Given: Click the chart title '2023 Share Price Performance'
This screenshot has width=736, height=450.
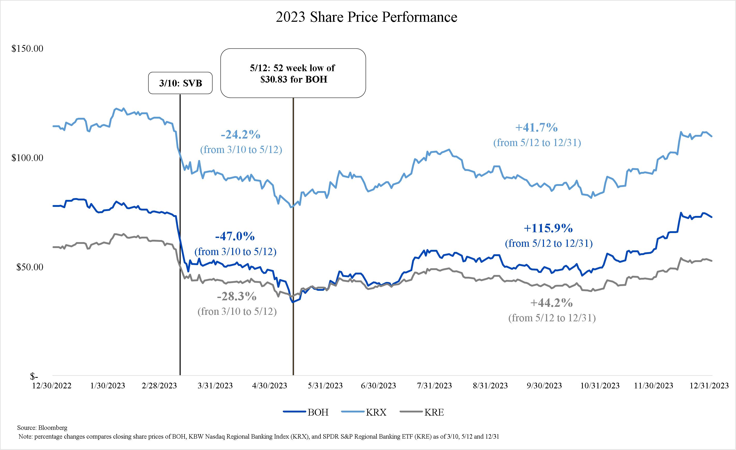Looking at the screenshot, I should coord(366,17).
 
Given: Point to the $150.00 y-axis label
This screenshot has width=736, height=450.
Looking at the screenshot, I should coord(27,49).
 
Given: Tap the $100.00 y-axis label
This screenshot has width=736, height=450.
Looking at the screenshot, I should coord(27,158).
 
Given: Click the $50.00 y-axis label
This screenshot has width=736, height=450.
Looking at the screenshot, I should coord(30,267).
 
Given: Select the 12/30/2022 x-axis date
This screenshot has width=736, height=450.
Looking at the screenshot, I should coord(52,386).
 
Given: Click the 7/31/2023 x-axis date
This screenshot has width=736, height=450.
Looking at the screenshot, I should coord(434,386).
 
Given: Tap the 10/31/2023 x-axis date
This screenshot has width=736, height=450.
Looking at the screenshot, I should coord(600,386).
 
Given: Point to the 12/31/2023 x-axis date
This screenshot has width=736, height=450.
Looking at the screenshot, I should coord(709,386).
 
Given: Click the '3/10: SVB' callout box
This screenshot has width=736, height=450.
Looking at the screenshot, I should coord(180,83).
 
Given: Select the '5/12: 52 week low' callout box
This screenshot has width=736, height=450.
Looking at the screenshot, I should coord(293,73).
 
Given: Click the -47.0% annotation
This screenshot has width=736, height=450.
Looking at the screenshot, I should coord(235,237).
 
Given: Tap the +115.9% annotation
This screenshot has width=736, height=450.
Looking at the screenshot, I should coord(548,229).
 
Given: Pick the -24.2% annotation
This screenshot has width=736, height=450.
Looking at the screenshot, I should coord(241,135).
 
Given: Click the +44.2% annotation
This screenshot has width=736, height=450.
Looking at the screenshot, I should coord(551,303).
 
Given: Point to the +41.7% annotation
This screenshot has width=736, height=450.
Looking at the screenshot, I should coord(536,128).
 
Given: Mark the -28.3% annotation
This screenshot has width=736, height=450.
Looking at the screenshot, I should coord(237,297).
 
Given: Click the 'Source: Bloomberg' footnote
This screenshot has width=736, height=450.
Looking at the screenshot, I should coord(42,427).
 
